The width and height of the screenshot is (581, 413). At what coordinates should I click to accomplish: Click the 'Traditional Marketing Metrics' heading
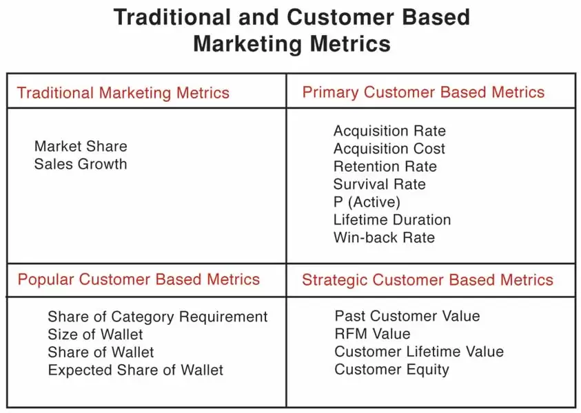(123, 93)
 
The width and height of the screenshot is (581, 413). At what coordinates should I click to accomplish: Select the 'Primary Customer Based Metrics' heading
(423, 92)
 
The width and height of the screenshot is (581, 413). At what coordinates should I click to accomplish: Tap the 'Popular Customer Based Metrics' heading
(139, 279)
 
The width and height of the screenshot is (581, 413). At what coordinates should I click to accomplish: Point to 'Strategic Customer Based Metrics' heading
(427, 280)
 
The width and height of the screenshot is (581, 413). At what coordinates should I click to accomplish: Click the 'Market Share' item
(81, 146)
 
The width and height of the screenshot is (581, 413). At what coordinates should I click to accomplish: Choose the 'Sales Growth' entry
(81, 164)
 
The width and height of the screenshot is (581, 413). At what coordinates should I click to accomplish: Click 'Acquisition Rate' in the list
(389, 131)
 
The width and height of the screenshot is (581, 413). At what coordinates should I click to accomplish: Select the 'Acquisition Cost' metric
(389, 149)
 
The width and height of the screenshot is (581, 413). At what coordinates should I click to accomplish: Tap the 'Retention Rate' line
(385, 166)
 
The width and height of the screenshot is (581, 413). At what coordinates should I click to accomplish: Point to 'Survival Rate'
(380, 184)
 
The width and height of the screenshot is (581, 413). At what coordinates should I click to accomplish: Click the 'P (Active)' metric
(367, 202)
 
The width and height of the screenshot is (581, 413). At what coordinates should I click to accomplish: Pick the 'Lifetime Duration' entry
(392, 220)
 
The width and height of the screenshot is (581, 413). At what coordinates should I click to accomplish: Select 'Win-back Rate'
(384, 237)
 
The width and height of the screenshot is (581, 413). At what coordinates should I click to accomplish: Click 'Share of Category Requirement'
(157, 317)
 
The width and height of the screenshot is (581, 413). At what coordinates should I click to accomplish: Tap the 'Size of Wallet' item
(95, 334)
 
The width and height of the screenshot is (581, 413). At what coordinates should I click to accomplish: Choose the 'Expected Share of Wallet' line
(136, 370)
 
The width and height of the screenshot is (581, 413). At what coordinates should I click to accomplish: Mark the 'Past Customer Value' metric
(407, 316)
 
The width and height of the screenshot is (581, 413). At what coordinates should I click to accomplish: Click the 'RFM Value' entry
(372, 334)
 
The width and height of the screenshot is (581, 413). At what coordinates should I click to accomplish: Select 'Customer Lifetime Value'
(419, 352)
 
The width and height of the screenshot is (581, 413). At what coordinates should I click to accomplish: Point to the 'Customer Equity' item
(391, 370)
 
